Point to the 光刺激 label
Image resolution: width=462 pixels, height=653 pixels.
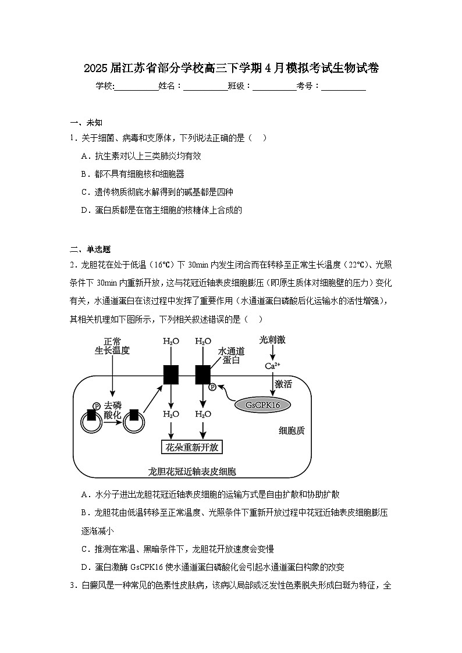(x=273, y=340)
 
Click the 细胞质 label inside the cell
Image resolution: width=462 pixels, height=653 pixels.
(x=292, y=431)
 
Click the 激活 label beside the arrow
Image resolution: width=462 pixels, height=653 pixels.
(x=283, y=384)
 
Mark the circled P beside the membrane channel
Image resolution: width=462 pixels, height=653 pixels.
(x=212, y=387)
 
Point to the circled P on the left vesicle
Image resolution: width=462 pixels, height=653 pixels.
(x=95, y=406)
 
